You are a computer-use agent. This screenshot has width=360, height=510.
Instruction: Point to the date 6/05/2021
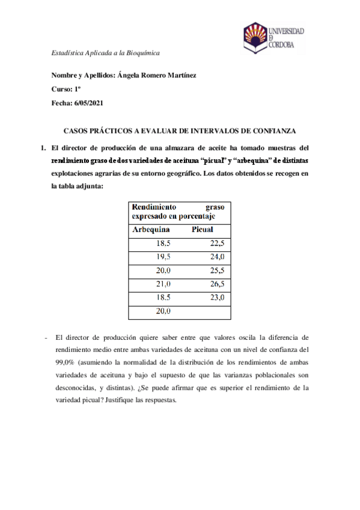click(89, 103)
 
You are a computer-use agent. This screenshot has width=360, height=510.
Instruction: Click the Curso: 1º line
click(66, 89)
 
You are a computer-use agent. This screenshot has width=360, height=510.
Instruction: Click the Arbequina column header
click(151, 230)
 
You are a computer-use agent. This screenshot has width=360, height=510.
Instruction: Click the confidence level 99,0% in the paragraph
click(65, 363)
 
